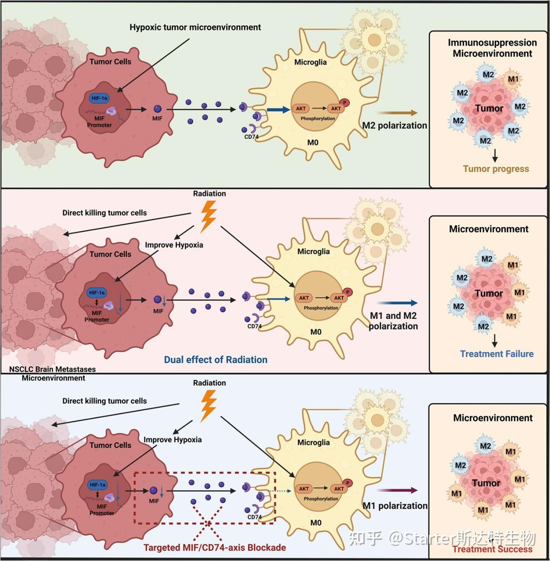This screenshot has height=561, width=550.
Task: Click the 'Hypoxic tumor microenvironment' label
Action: (x=195, y=27)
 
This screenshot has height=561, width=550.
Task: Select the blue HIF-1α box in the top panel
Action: (x=99, y=98)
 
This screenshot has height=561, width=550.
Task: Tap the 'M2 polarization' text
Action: (x=395, y=126)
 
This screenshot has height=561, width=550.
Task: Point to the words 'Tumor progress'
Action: (x=496, y=169)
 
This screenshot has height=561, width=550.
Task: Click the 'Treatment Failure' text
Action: (x=497, y=354)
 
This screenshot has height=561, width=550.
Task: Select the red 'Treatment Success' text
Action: (x=492, y=549)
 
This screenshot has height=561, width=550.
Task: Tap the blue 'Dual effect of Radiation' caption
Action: (x=215, y=360)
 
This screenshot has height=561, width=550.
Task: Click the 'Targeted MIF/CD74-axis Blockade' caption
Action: (x=214, y=548)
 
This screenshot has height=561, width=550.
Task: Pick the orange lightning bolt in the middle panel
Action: (x=208, y=218)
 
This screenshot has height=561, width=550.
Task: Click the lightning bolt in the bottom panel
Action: (x=208, y=405)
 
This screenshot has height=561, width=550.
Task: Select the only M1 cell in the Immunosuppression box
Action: (x=513, y=79)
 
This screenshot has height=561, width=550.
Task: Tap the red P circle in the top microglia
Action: (x=345, y=103)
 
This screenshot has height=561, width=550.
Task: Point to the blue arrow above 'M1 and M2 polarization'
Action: (x=397, y=303)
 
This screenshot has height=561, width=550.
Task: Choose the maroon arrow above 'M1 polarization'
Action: (x=397, y=491)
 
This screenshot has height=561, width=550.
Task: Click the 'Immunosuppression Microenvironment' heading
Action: (x=492, y=48)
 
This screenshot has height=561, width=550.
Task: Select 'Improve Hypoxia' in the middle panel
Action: (x=174, y=245)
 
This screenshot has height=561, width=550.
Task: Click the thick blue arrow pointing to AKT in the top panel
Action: (x=278, y=110)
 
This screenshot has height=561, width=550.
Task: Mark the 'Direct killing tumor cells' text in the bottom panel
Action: (x=105, y=401)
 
